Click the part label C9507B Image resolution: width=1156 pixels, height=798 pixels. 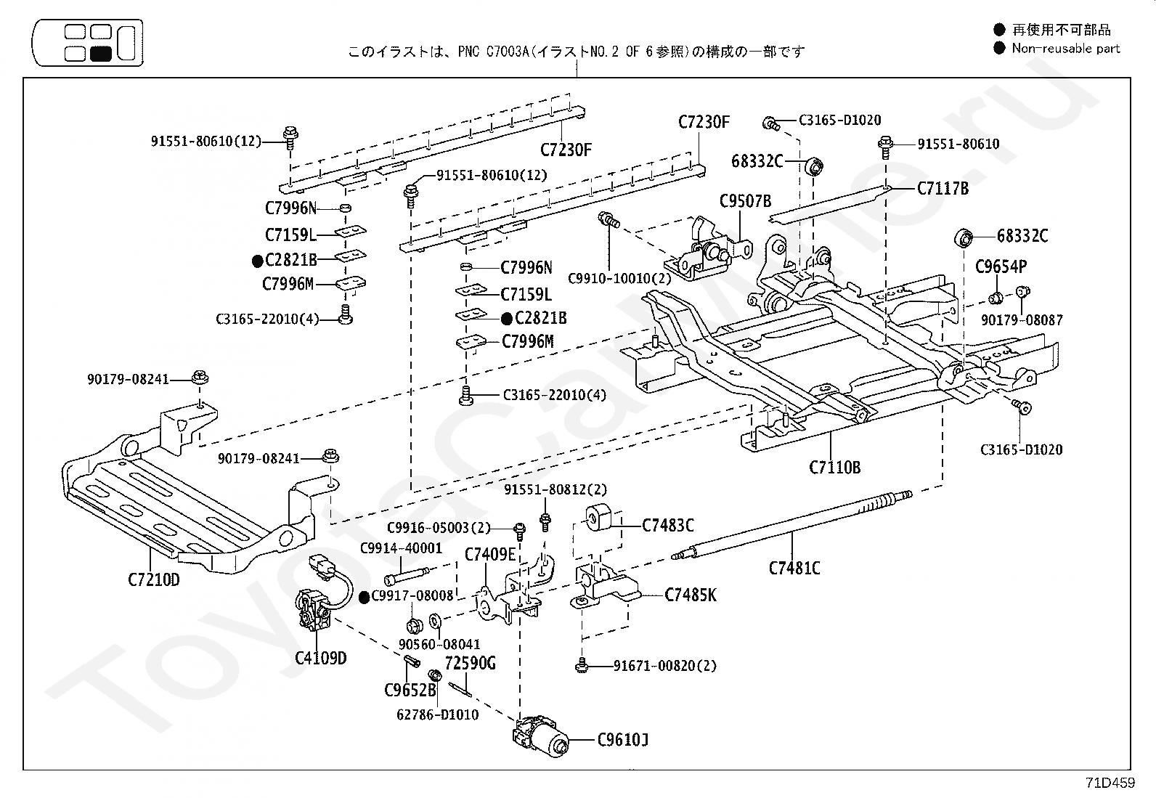745,201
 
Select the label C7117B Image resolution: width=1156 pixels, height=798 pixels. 943,189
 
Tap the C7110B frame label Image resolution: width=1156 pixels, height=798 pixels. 834,467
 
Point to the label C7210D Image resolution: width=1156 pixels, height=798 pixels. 154,579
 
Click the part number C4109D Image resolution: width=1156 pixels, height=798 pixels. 320,659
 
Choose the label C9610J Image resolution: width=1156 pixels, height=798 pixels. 623,741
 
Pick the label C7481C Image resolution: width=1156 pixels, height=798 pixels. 794,568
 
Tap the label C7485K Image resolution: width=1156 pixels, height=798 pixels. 691,595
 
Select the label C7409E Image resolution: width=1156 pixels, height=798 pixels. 489,555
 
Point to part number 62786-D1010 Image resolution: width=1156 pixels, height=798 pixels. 437,714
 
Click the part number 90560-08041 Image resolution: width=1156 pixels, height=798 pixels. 439,644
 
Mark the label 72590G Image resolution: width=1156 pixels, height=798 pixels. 470,663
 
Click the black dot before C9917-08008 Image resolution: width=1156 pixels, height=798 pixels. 365,596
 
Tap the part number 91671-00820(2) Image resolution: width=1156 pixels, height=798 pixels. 664,665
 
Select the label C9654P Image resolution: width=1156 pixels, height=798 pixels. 1001,266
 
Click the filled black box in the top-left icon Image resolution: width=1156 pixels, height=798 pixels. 101,53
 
